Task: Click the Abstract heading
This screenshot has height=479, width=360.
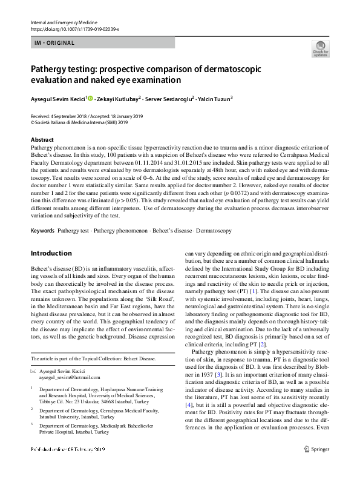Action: (x=42, y=140)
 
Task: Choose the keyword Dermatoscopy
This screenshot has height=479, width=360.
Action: (x=215, y=231)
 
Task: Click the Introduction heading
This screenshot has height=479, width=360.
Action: (x=51, y=253)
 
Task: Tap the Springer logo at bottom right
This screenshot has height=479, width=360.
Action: (x=318, y=466)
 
